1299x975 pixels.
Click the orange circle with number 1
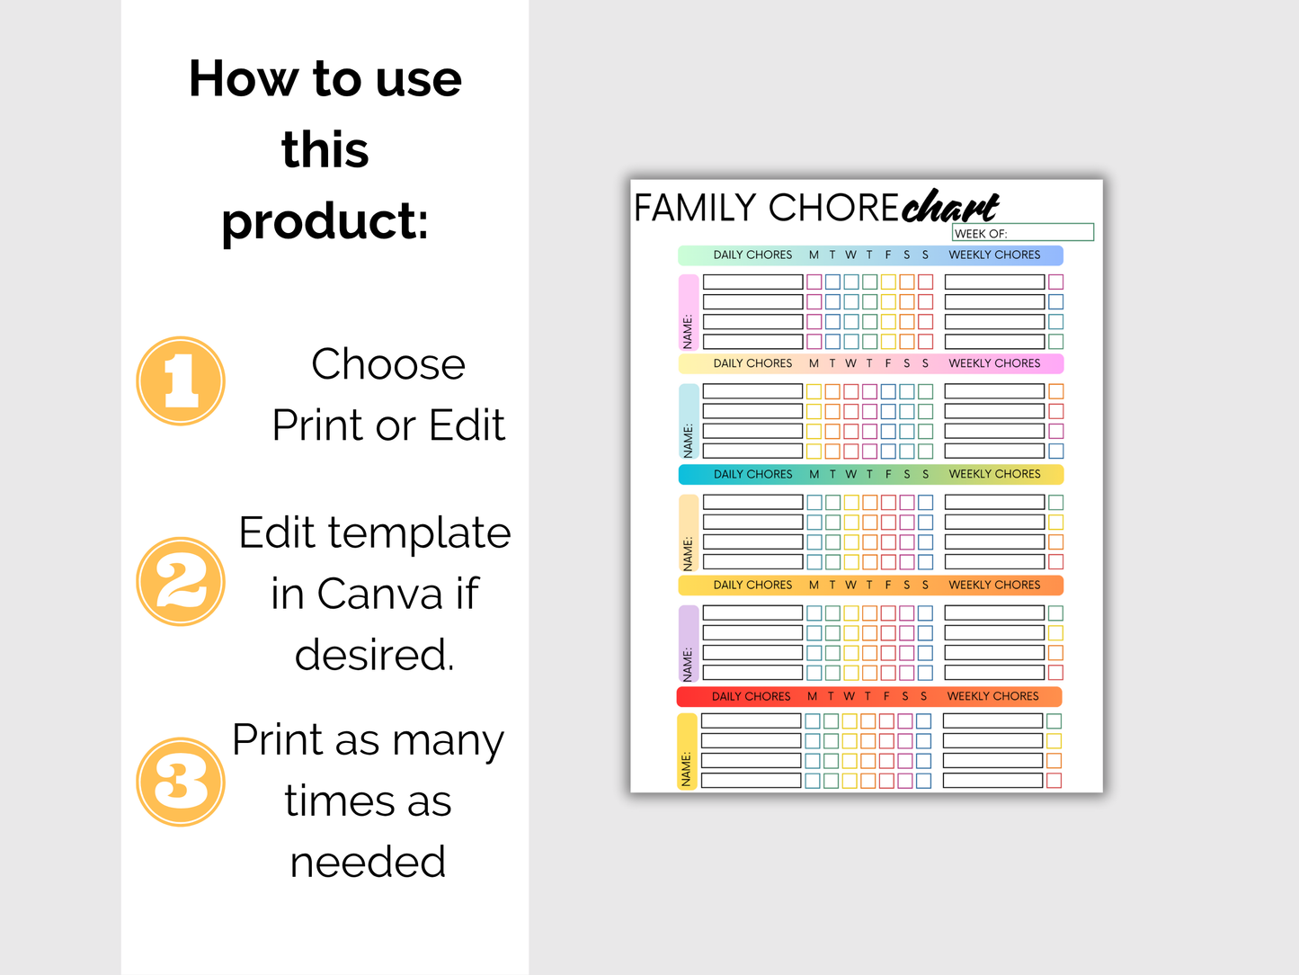(x=181, y=381)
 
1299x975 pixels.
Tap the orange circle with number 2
(x=181, y=582)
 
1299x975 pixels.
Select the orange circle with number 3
(x=181, y=782)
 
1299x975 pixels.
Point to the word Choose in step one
(x=388, y=365)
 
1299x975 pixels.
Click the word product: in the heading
(x=325, y=221)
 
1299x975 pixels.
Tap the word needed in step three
(x=368, y=862)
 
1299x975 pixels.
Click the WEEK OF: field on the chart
(x=1022, y=233)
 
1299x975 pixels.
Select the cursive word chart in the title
(x=950, y=207)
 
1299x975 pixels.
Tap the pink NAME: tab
(x=688, y=312)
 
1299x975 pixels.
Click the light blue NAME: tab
(x=688, y=422)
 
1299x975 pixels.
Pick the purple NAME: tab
(x=688, y=643)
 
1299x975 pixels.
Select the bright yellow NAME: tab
(x=687, y=752)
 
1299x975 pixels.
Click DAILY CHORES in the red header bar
(x=751, y=696)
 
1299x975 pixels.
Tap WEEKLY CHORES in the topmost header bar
(x=994, y=255)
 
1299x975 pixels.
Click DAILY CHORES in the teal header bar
(x=752, y=474)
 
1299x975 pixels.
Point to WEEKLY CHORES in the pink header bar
(x=994, y=363)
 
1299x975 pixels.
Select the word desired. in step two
(x=375, y=655)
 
